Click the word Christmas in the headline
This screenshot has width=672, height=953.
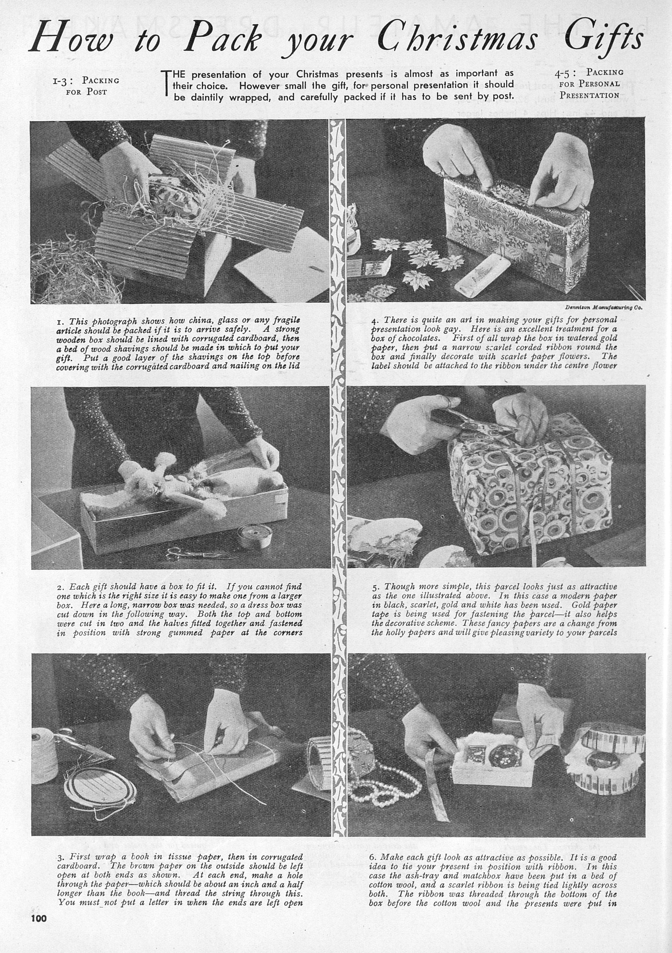(x=457, y=39)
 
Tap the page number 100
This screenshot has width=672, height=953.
(x=39, y=930)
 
